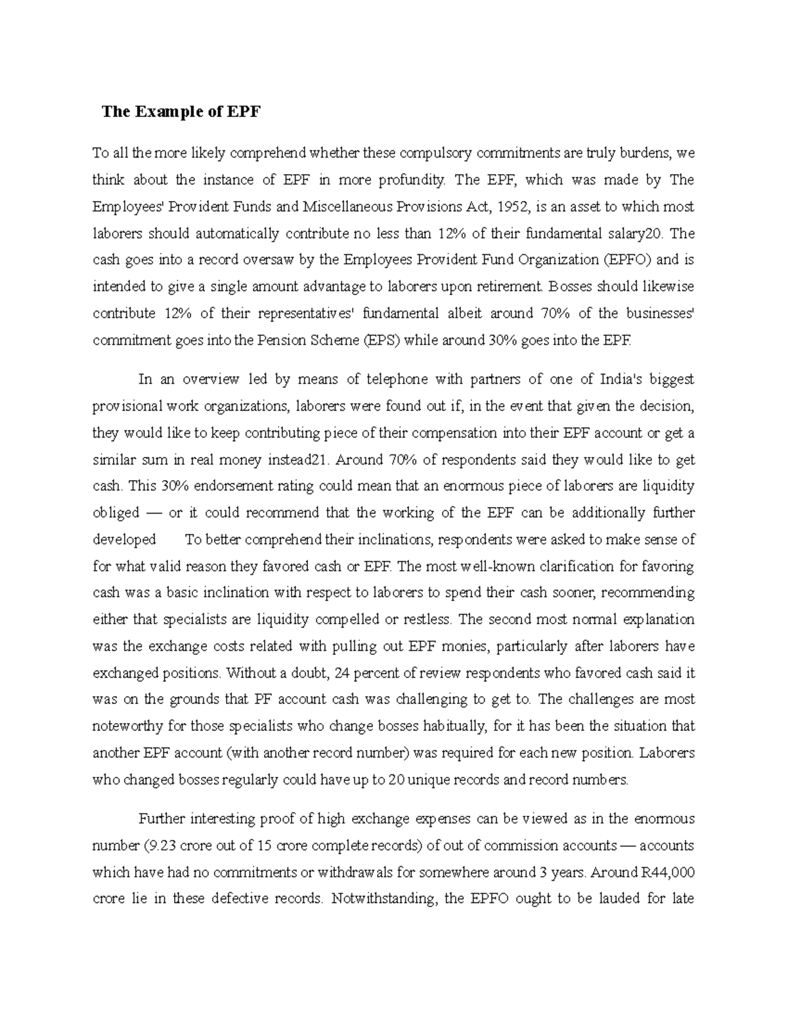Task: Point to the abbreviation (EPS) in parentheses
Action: point(379,340)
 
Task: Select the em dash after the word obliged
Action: point(156,513)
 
